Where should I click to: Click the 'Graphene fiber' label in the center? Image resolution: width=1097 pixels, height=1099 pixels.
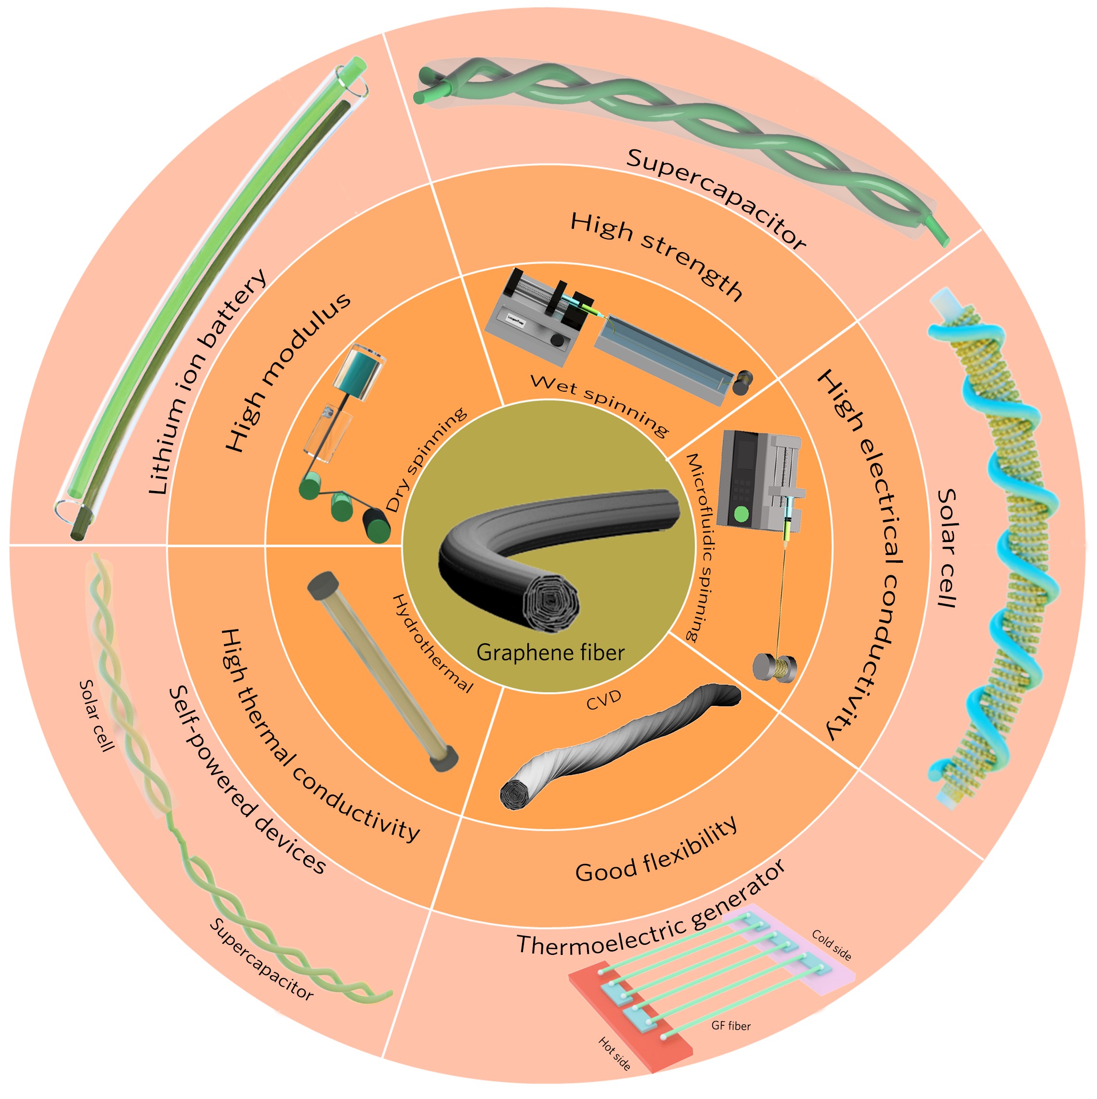[x=550, y=652]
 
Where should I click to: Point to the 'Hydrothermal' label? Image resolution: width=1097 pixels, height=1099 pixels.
[x=433, y=643]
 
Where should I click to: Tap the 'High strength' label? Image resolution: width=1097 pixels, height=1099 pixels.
[x=656, y=255]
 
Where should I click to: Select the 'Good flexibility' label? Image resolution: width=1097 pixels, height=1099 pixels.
[x=656, y=851]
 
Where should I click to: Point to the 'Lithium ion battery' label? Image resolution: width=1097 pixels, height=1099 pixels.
[x=208, y=382]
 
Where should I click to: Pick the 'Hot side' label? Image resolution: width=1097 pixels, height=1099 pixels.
[x=614, y=1053]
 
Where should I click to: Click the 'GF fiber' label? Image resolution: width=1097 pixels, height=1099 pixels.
[x=731, y=1026]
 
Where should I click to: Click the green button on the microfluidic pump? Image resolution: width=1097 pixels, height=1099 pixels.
[x=741, y=514]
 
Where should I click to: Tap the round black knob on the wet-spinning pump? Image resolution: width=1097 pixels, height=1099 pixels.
[x=558, y=340]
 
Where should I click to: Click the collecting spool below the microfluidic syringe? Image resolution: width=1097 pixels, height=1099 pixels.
[x=774, y=667]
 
